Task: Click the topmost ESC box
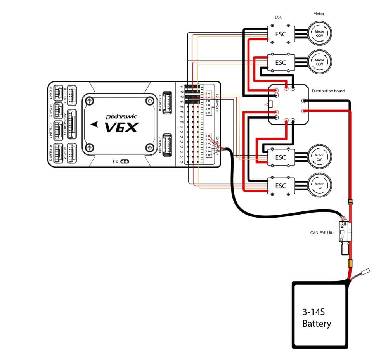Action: tap(280, 34)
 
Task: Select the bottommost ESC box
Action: tap(280, 186)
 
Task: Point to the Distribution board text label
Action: tap(328, 91)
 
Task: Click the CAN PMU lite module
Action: tap(345, 231)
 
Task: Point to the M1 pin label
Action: tap(181, 87)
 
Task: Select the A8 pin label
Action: tap(181, 162)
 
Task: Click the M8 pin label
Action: tap(181, 121)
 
